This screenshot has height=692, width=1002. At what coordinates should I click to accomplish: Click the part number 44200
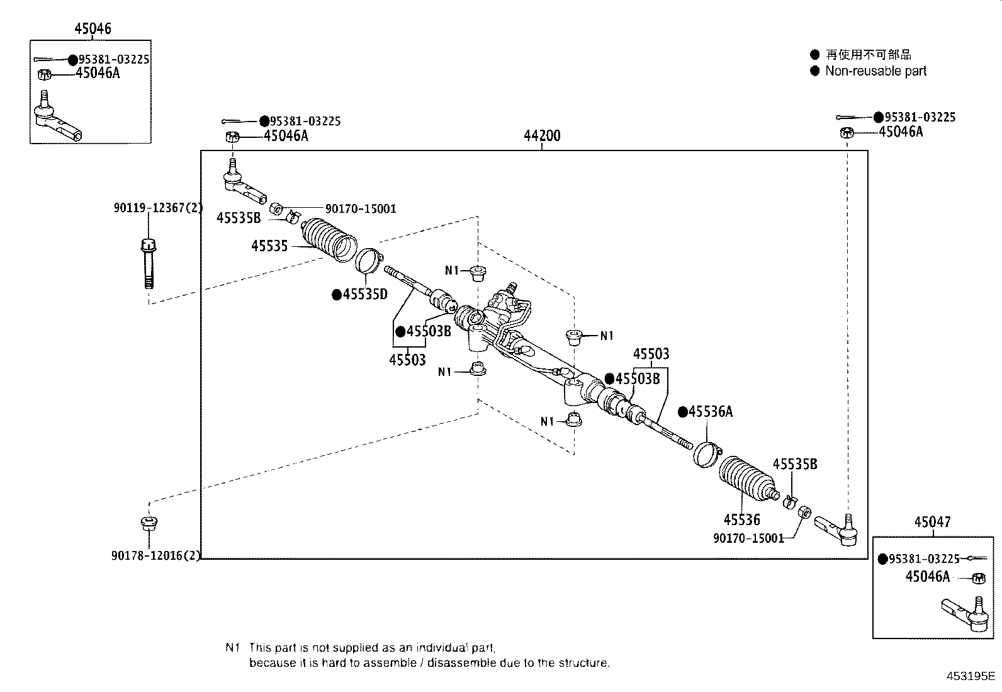coord(542,135)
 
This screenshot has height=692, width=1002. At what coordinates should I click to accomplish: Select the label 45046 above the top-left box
coord(93,28)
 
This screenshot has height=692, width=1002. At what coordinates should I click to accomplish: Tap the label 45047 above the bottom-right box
coord(933,522)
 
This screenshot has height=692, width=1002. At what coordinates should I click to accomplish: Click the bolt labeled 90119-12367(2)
coord(149,264)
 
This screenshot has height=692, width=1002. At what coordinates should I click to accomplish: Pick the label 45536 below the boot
coord(741,519)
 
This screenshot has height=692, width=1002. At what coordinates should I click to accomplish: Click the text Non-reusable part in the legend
coord(875,71)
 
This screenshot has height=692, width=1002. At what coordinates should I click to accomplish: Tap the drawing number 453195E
coord(971,676)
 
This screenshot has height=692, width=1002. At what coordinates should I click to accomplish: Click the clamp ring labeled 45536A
coord(707,455)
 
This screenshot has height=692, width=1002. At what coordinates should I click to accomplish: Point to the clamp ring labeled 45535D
coord(369,261)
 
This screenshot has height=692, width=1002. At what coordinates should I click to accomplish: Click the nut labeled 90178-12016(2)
coord(149,523)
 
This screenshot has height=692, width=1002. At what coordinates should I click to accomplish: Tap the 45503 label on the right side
coord(651,354)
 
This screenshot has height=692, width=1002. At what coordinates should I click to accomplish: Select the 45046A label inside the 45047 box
coord(927,577)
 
